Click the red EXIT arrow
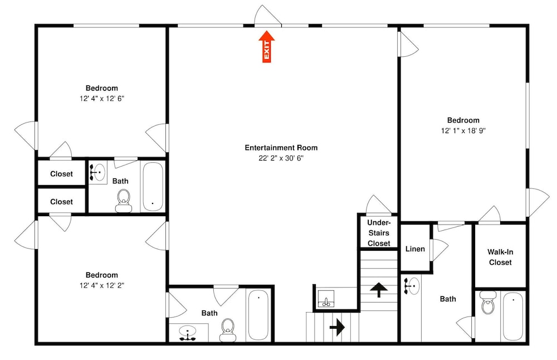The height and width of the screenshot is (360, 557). (x=266, y=47)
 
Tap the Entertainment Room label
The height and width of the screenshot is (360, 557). (x=281, y=148)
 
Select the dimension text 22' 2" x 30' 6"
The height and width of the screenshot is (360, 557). (x=281, y=158)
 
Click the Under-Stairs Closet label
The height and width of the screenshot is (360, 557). (x=379, y=233)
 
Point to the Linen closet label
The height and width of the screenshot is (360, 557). (x=415, y=249)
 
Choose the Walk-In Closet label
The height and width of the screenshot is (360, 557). (x=500, y=257)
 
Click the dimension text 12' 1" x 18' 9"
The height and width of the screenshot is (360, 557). (x=463, y=130)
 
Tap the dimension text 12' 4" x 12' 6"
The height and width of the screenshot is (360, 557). (x=101, y=99)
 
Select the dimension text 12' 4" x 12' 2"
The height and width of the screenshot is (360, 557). (x=101, y=285)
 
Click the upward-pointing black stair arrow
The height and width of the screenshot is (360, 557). (x=379, y=290)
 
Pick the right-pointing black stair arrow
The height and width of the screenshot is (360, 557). (x=337, y=327)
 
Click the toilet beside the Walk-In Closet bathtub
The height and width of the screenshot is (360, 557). (x=488, y=302)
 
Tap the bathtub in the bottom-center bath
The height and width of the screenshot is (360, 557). (x=258, y=315)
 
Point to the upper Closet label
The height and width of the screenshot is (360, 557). (x=61, y=174)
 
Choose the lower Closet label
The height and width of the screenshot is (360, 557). (x=61, y=202)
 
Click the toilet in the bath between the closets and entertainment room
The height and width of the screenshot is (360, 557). (x=124, y=201)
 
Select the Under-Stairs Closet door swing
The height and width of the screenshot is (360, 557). (x=379, y=205)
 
